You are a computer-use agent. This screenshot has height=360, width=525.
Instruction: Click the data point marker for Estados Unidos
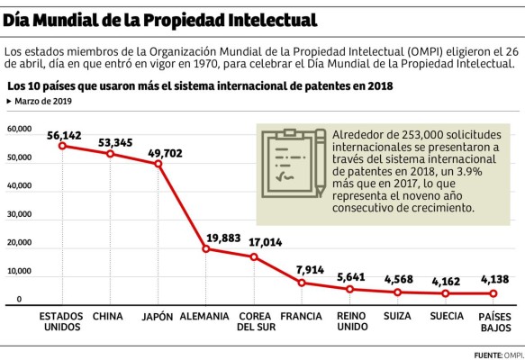pyautogui.click(x=61, y=146)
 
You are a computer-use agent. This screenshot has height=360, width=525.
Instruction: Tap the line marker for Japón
pyautogui.click(x=158, y=164)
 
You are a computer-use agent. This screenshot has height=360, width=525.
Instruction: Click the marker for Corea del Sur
pyautogui.click(x=255, y=257)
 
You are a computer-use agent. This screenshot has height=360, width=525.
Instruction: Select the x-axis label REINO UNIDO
pyautogui.click(x=350, y=322)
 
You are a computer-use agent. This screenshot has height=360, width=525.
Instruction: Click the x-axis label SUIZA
pyautogui.click(x=397, y=317)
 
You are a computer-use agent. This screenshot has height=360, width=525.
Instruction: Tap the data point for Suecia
pyautogui.click(x=447, y=294)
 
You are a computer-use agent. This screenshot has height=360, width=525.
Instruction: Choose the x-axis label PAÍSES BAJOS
pyautogui.click(x=494, y=322)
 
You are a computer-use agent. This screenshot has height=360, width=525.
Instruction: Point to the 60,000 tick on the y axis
pyautogui.click(x=19, y=129)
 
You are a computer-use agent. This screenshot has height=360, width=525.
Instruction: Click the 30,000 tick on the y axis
pyautogui.click(x=19, y=214)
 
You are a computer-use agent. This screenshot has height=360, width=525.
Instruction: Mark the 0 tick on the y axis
pyautogui.click(x=19, y=300)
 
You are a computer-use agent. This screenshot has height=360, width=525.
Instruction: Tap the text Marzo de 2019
pyautogui.click(x=42, y=101)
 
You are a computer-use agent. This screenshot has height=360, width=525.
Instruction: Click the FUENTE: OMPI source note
pyautogui.click(x=496, y=353)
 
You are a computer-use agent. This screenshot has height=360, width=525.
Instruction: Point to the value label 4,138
pyautogui.click(x=494, y=279)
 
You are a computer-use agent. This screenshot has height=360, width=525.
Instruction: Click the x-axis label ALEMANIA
pyautogui.click(x=205, y=317)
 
